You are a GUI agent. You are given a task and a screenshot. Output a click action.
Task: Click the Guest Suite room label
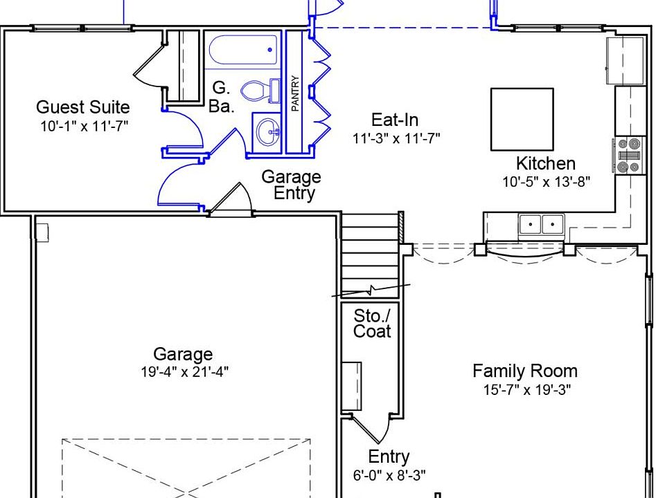pos(83,107)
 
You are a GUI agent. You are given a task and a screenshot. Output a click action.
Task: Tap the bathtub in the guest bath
pos(242,50)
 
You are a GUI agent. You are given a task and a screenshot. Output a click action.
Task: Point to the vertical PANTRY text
pos(295,93)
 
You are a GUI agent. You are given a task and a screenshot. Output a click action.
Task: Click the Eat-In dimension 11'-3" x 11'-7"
pos(396,138)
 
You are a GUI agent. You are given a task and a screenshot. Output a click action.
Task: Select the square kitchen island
pos(522,119)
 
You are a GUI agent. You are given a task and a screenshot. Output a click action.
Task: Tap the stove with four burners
pos(629,156)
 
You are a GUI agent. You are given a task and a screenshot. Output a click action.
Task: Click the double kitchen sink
pos(542,225)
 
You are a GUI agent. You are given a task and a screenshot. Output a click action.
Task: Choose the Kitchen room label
pos(546,163)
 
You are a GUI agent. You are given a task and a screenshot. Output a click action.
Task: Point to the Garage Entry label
pos(291,185)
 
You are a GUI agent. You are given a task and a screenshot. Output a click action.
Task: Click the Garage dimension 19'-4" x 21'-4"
pos(184,371)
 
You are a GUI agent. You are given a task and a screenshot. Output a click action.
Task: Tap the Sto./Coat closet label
pos(372,324)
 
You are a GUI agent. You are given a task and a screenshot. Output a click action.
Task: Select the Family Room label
pos(524,371)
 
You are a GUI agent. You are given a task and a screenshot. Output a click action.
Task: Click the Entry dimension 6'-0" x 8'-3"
pos(389,475)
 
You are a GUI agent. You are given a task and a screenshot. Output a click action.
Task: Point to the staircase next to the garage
pos(370,255)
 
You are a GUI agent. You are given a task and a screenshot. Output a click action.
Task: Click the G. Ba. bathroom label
pos(221,98)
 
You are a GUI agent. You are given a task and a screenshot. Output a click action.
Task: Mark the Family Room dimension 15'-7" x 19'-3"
pos(527,390)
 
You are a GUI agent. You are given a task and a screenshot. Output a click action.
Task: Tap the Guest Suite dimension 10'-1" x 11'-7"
pos(84,126)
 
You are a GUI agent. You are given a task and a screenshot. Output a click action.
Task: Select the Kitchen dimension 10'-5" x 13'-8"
pos(546,182)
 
